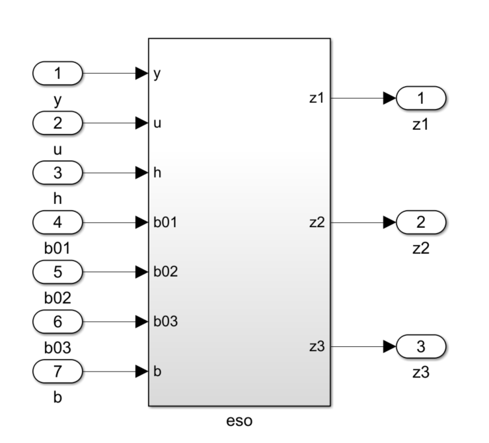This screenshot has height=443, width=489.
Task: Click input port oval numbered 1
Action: pyautogui.click(x=57, y=74)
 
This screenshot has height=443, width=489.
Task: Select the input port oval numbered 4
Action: pyautogui.click(x=57, y=222)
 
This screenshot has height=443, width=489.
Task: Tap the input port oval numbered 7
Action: pyautogui.click(x=57, y=371)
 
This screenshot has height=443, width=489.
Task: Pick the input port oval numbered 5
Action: pyautogui.click(x=57, y=272)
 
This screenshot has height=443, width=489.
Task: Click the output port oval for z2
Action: pyautogui.click(x=421, y=222)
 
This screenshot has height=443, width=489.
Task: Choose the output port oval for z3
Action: pyautogui.click(x=421, y=346)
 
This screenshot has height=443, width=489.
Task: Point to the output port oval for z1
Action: pyautogui.click(x=421, y=99)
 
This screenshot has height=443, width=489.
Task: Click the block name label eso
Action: pyautogui.click(x=239, y=420)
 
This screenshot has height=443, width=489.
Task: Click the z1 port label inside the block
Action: pyautogui.click(x=317, y=99)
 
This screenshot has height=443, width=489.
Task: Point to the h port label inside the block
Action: pyautogui.click(x=157, y=173)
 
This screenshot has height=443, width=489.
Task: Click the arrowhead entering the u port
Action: pyautogui.click(x=141, y=123)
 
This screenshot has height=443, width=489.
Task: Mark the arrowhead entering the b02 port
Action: pyautogui.click(x=141, y=272)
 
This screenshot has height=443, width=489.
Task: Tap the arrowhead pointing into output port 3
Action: pyautogui.click(x=389, y=346)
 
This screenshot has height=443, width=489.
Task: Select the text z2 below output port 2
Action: pyautogui.click(x=421, y=249)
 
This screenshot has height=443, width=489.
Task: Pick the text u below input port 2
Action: pyautogui.click(x=57, y=150)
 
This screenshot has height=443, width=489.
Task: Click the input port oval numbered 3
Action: pyautogui.click(x=57, y=173)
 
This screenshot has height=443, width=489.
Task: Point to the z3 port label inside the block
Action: pyautogui.click(x=317, y=346)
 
